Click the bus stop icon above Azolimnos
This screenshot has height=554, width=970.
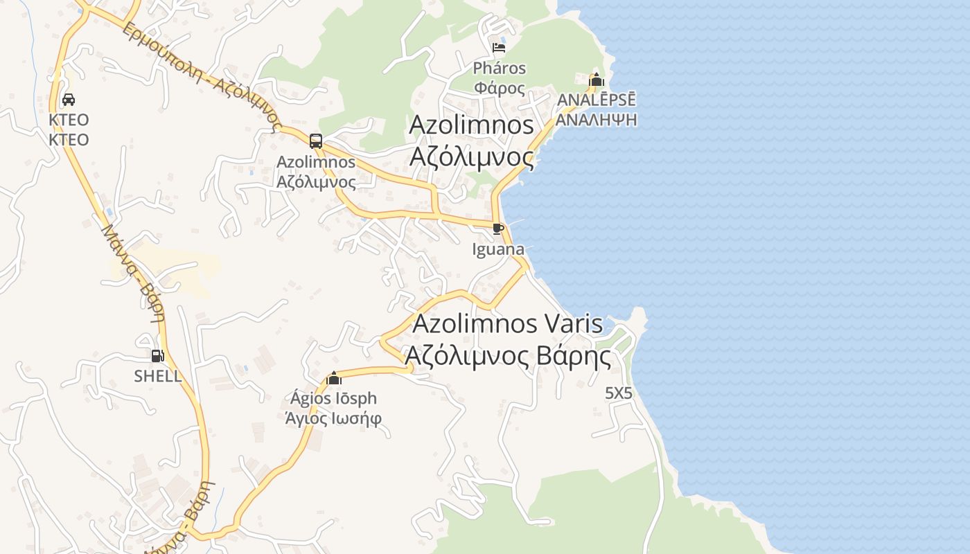pos(316,141)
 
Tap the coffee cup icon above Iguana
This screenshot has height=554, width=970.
pos(497,229)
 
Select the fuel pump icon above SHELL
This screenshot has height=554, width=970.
pos(158,356)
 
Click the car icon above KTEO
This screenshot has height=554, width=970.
pos(69,100)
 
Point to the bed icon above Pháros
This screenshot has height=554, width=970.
pos(499,48)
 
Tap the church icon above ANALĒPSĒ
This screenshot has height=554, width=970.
pos(596,80)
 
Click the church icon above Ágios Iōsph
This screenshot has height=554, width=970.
pos(334,378)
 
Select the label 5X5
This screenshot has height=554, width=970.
pos(619,393)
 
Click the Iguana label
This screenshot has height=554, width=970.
pos(498,249)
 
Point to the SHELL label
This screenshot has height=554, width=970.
pos(158,376)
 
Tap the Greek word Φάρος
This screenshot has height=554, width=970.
pos(500,88)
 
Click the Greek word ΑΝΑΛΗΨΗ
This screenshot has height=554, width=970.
pos(597,119)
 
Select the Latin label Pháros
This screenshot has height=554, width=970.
pos(500,69)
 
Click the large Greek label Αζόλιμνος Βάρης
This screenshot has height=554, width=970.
pos(508,357)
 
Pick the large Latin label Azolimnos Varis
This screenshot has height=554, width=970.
pos(508,324)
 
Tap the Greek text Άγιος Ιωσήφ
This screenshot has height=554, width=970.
pos(334,418)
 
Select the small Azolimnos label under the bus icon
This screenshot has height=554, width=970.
pos(316,162)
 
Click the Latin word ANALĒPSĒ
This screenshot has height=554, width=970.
pos(597,100)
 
